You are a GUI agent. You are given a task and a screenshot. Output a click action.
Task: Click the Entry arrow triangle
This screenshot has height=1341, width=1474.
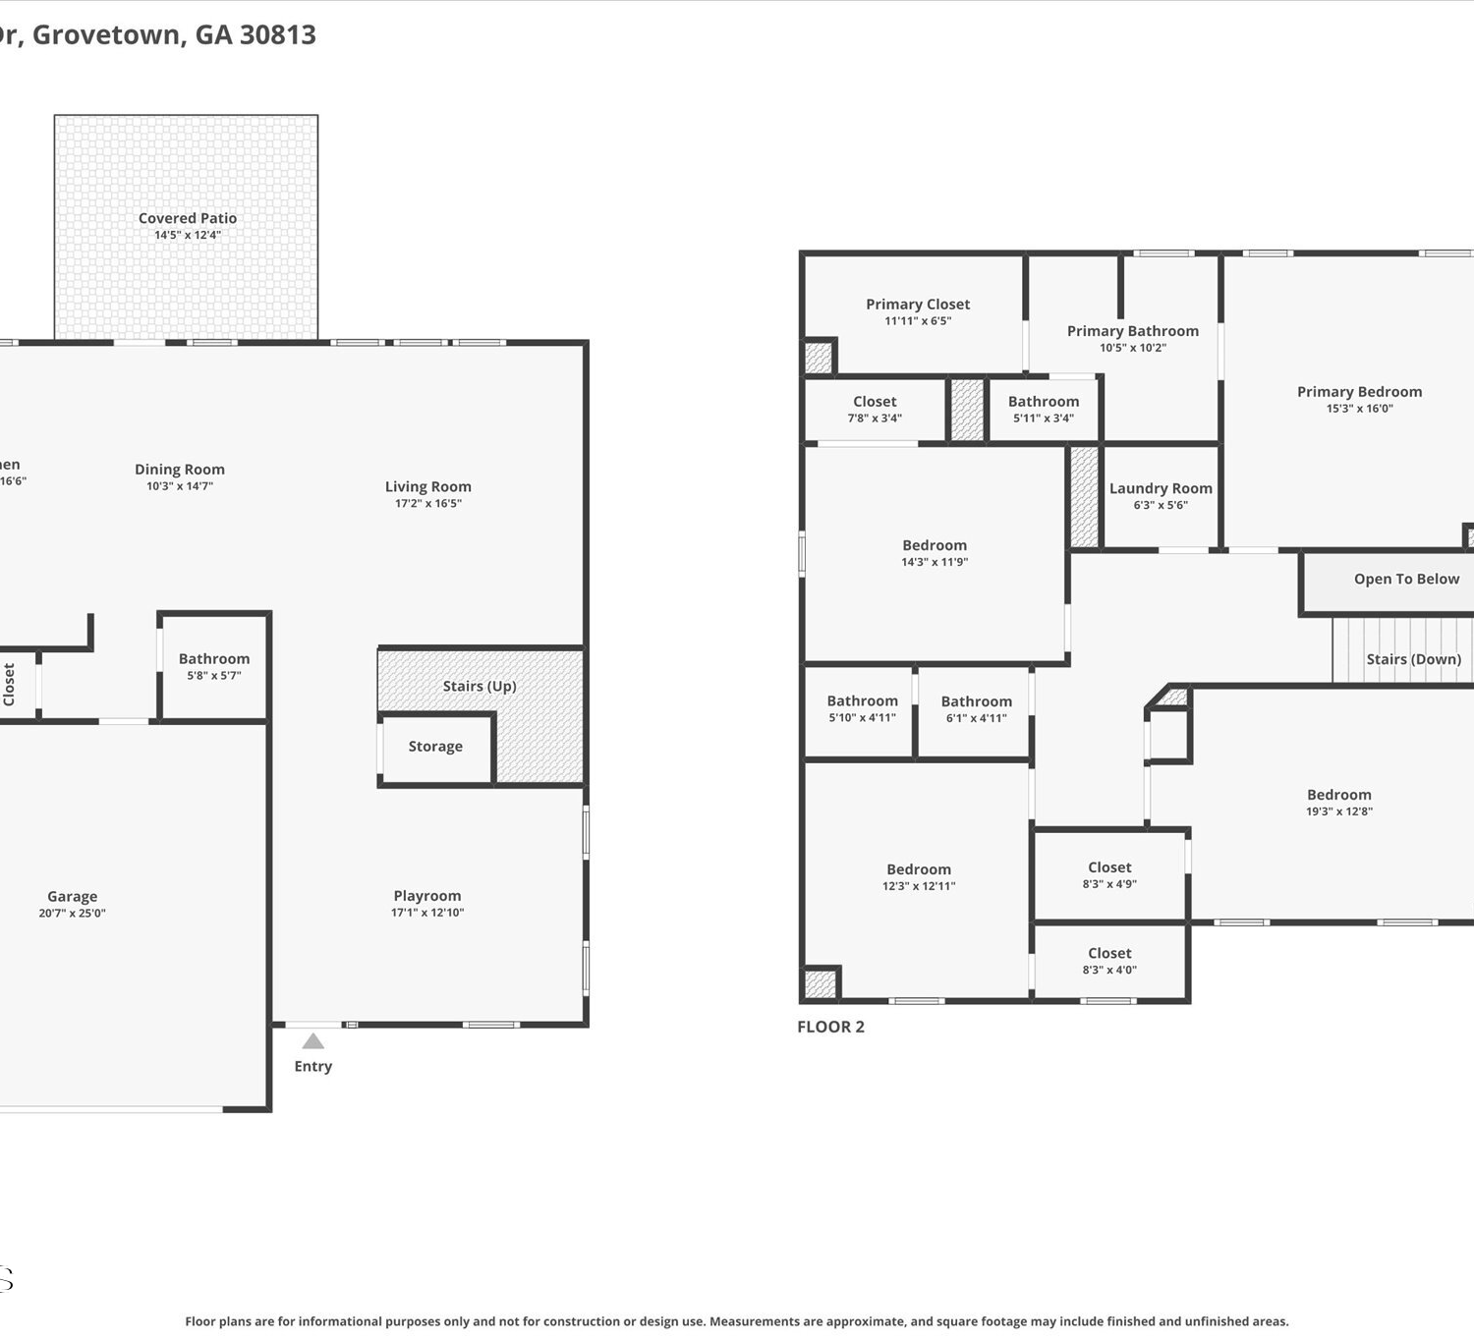pos(313,1040)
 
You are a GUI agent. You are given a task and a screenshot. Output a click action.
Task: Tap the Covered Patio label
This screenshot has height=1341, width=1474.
pos(188,218)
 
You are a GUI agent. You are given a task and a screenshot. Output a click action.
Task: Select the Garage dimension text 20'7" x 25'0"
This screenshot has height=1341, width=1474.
pos(72,913)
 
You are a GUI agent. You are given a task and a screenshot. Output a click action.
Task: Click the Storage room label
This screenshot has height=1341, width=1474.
pos(435,746)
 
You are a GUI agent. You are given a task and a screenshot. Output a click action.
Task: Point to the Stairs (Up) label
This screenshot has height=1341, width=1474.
pos(480,686)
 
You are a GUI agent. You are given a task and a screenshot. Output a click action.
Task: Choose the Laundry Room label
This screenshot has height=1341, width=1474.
pos(1161,488)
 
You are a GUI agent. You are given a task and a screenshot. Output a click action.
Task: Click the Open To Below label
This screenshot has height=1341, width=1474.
pos(1406,579)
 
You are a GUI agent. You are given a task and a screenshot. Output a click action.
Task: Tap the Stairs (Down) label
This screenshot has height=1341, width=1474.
pos(1414,659)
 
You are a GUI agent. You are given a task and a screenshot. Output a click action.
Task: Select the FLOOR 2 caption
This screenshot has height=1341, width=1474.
pos(831,1027)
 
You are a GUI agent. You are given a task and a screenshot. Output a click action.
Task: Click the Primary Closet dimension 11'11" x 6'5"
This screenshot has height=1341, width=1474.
pos(918,320)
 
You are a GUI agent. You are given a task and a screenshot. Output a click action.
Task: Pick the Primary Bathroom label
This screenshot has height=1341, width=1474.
pos(1133,331)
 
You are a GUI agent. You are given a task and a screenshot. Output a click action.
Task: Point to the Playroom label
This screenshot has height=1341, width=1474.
pos(427,896)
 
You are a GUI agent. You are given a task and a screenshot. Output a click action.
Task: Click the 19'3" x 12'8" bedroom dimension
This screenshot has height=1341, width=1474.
pos(1338,811)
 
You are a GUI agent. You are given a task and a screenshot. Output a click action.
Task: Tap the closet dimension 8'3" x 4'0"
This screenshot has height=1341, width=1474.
pos(1109,970)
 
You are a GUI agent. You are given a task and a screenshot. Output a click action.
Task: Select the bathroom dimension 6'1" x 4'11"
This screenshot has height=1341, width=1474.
pos(977,718)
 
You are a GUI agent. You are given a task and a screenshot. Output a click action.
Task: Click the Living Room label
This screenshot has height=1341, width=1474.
pos(428,486)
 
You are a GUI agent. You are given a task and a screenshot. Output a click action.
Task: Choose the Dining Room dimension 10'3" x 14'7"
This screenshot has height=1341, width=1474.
pos(180,485)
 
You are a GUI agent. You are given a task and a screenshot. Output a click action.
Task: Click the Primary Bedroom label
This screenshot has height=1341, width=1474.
pos(1359,392)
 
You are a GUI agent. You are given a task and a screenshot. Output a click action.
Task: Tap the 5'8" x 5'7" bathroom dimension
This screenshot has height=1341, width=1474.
pos(214,675)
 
